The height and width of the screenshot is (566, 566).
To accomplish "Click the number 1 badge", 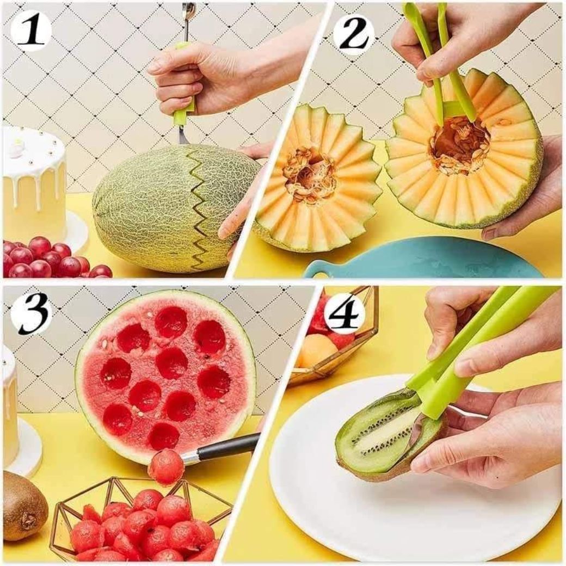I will (x=30, y=31).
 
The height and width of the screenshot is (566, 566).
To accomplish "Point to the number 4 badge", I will (x=344, y=314).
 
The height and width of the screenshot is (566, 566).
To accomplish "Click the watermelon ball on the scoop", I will (x=165, y=466).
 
